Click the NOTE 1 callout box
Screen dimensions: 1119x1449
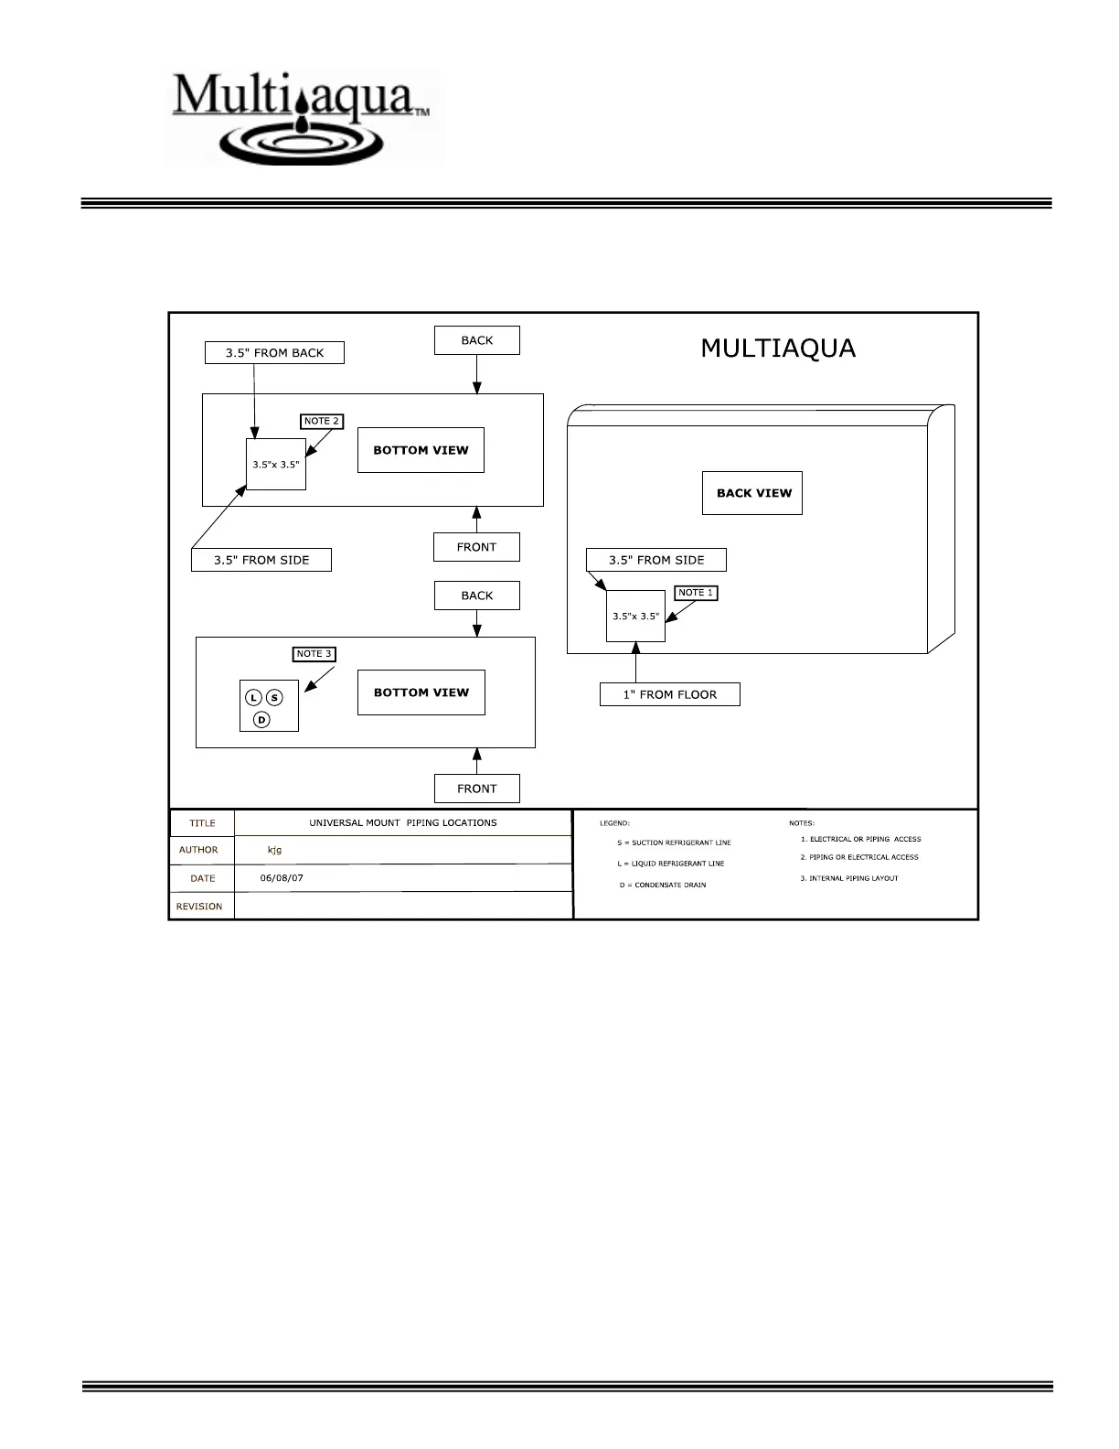coord(696,593)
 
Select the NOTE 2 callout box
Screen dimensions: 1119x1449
coord(321,421)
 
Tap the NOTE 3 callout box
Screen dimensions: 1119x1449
coord(314,654)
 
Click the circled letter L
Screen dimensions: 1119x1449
coord(254,698)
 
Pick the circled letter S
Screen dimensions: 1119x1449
coord(274,698)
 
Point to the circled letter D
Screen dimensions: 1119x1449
coord(261,720)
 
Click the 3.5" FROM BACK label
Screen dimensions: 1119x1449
coord(274,353)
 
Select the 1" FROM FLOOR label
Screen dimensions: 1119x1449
coord(669,694)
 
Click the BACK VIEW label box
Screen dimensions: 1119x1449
coord(752,493)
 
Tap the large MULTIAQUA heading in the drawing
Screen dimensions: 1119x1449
coord(778,349)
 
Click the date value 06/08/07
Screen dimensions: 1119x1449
coord(282,878)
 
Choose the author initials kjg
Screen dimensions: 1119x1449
coord(274,850)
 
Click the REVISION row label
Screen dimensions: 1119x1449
coord(199,907)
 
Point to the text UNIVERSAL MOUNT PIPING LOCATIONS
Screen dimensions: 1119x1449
coord(402,822)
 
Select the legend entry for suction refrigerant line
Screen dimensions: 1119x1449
coord(674,843)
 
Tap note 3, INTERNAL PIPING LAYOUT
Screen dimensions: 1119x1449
coord(849,878)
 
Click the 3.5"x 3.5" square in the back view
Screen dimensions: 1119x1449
coord(635,617)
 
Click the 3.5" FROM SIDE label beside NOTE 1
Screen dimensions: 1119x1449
coord(655,560)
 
